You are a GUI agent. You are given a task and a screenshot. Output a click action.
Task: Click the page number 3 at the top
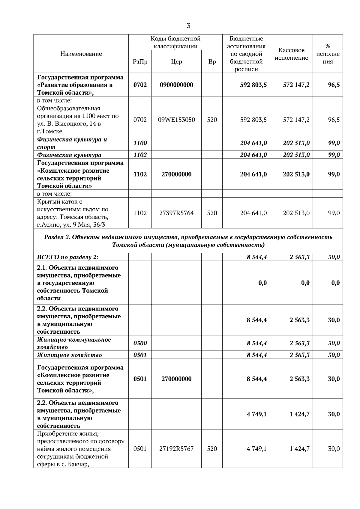tap(188, 26)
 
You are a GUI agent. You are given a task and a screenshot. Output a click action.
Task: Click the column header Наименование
tap(81, 54)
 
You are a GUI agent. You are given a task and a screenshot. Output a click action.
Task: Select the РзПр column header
tap(140, 62)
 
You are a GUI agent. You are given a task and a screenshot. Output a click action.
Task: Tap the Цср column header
tap(176, 62)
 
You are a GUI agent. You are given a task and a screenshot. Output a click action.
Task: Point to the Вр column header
tap(212, 62)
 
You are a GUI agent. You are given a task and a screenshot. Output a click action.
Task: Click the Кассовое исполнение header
tap(291, 54)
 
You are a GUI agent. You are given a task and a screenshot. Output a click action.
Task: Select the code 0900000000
tap(176, 85)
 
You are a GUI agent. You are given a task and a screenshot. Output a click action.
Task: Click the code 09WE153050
tap(176, 120)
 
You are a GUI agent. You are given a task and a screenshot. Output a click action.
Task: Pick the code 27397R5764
tap(176, 213)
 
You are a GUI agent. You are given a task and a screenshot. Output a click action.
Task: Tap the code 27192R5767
tap(176, 449)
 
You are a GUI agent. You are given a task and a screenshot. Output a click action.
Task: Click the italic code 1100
tap(140, 143)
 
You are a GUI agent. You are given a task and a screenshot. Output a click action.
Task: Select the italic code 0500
tap(140, 343)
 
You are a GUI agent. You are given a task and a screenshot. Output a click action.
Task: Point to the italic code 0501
tap(140, 355)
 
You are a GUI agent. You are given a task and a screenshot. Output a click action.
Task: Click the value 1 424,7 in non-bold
tap(299, 449)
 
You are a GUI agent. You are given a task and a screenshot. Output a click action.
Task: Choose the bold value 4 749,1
tap(256, 414)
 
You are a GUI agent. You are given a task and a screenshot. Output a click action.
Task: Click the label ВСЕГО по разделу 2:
tap(67, 257)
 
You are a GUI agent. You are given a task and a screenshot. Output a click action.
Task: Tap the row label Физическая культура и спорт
tap(72, 143)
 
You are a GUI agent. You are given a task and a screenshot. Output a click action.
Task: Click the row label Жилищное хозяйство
tap(69, 355)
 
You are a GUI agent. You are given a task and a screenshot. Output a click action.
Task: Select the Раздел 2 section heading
tap(188, 241)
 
